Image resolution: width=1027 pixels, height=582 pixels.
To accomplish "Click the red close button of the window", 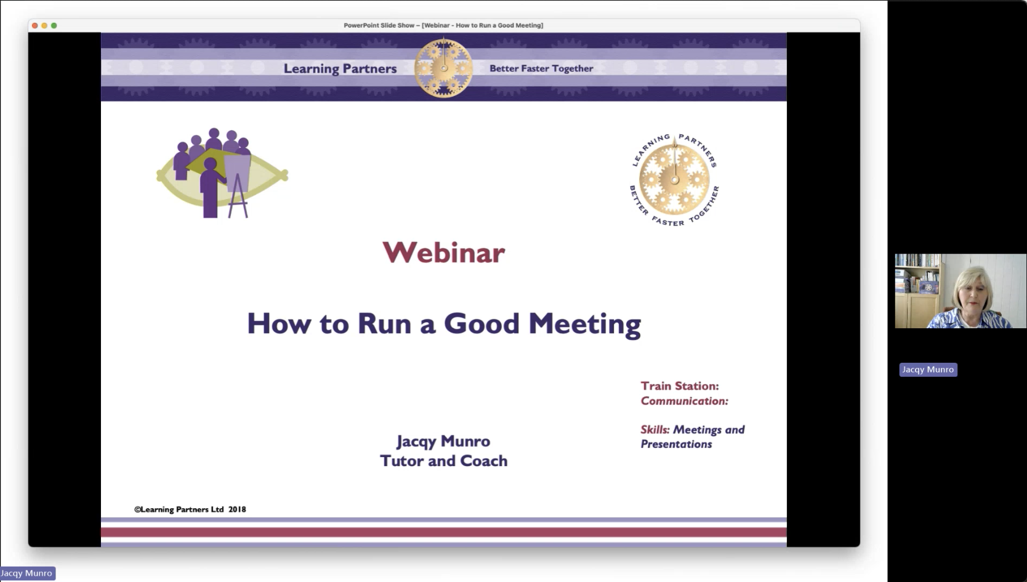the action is coord(35,26).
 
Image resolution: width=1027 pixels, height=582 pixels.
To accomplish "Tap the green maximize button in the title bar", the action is coord(54,26).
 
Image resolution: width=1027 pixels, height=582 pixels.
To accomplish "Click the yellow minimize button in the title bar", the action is coord(44,26).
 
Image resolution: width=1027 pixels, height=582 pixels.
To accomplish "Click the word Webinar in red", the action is coord(444,253).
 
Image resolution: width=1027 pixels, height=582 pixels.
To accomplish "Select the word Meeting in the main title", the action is coord(585,325).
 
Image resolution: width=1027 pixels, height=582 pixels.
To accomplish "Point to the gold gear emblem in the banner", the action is coord(443,68).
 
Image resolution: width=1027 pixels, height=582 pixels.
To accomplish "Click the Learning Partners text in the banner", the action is coord(340,68).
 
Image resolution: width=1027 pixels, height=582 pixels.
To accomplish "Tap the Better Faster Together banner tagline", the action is coord(541,68).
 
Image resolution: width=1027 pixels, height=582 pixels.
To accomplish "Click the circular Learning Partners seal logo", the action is coord(674,180).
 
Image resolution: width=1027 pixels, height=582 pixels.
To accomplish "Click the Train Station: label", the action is coord(680,386).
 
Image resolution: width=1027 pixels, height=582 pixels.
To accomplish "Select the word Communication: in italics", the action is coord(684,401).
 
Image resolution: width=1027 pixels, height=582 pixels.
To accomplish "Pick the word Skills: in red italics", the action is coord(654,430).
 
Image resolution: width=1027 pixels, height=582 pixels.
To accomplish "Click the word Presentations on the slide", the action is coord(676,444).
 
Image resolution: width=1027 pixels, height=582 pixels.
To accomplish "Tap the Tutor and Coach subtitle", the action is coord(444,461).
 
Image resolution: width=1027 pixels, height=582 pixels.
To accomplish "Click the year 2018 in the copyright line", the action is coord(237,509).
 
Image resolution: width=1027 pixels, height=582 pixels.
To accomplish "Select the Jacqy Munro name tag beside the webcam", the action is coord(928,370).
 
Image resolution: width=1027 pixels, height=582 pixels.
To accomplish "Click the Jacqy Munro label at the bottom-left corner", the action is coord(27,573).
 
